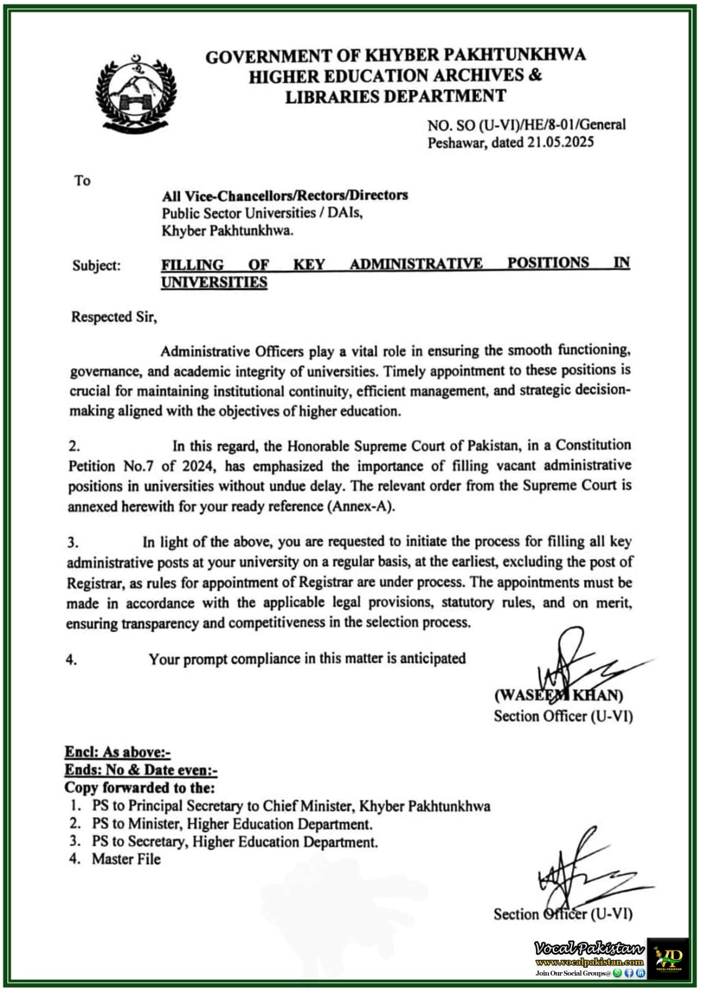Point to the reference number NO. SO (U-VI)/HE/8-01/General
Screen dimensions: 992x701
pos(526,125)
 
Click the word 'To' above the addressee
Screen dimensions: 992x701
pos(82,180)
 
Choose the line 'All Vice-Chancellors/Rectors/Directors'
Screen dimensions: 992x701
pos(284,196)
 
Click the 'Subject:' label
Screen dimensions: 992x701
pos(97,265)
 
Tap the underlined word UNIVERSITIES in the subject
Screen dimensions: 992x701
pos(214,282)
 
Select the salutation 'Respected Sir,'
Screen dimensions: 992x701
pos(114,317)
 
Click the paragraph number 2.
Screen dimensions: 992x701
pos(74,446)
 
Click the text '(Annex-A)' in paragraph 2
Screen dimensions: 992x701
pos(361,506)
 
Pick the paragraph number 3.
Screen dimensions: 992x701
pos(73,542)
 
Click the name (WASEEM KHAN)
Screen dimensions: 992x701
pos(558,695)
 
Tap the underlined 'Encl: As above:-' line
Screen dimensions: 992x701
pos(117,752)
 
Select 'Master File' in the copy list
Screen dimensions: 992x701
pos(126,859)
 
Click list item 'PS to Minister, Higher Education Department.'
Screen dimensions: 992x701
pos(232,824)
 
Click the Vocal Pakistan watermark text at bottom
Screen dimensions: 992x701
pos(589,949)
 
